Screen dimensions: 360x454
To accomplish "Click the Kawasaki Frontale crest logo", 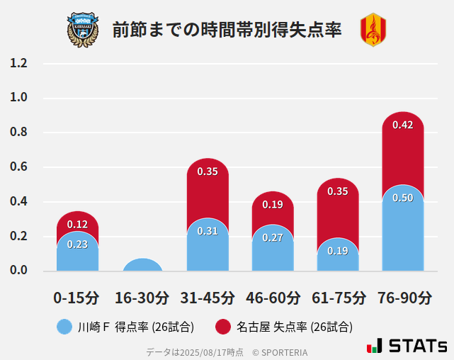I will tap(83, 29).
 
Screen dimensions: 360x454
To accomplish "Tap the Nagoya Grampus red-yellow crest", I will tap(373, 30).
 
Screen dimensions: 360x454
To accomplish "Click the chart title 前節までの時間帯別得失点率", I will tap(227, 30).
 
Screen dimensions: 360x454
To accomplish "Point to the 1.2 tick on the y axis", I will tap(18, 63).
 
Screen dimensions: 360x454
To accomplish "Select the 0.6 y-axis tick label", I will tap(18, 167).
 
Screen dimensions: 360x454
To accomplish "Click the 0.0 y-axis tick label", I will tap(18, 270).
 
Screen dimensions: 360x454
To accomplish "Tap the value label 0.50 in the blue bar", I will tap(402, 198).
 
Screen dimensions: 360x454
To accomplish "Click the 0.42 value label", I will tap(402, 125).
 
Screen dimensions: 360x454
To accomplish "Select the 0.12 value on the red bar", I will tap(77, 224).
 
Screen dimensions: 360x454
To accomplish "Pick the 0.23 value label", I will tap(77, 244).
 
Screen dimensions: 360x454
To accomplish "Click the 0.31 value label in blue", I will tap(208, 230).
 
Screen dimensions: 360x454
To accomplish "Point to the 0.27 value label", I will tap(273, 237).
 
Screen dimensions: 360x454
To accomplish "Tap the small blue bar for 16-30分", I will tap(142, 265).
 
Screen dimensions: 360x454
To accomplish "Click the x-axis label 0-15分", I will tap(77, 298).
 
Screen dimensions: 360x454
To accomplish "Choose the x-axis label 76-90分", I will tap(403, 298).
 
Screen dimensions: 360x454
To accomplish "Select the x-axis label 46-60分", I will tap(273, 298).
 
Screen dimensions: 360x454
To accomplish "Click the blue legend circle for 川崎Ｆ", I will tap(64, 327).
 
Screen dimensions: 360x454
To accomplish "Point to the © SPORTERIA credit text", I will tap(280, 352).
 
